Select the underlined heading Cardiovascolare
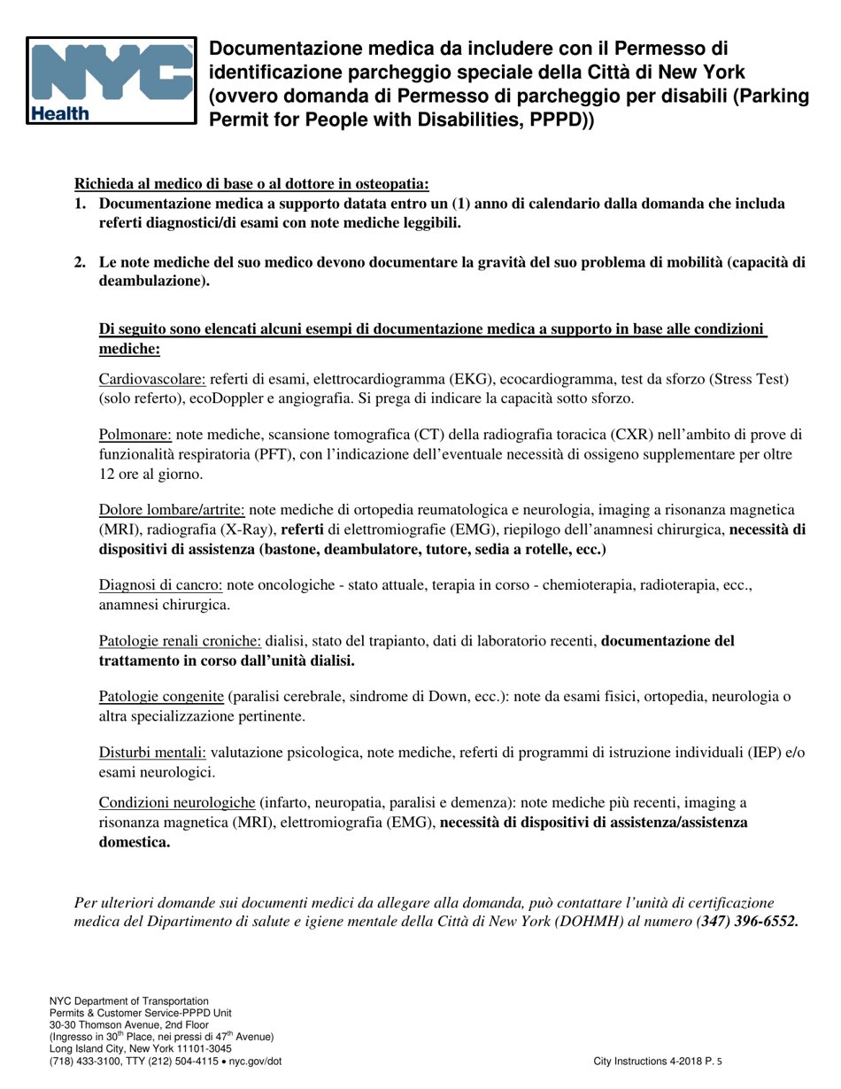pos(152,379)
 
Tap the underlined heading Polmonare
pos(136,434)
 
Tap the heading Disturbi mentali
pos(152,752)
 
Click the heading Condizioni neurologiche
pos(177,803)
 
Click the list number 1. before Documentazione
pos(81,204)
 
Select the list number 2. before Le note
pos(81,262)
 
